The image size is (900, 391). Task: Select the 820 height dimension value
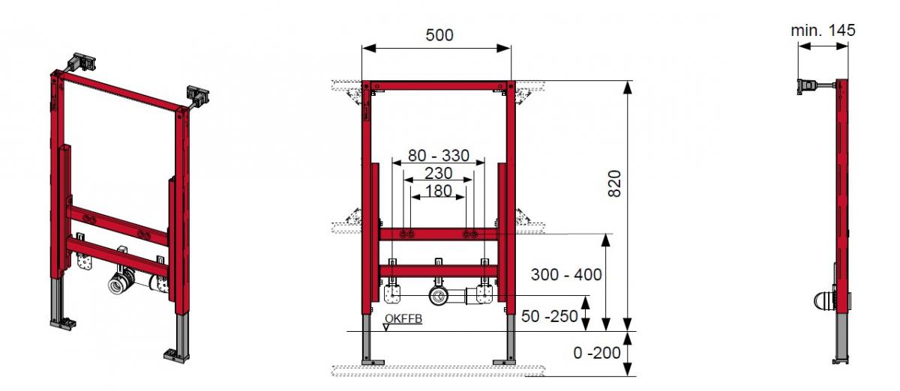click(x=614, y=184)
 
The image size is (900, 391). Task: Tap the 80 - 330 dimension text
click(x=438, y=156)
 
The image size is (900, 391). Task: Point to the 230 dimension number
click(x=438, y=173)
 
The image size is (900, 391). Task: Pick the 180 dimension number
click(x=438, y=190)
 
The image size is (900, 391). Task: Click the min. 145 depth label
click(x=823, y=31)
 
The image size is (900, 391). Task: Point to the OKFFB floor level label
click(x=403, y=319)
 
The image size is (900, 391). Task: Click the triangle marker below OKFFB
click(x=386, y=327)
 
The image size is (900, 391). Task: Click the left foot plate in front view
click(x=368, y=362)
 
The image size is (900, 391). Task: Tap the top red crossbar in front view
click(x=438, y=85)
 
